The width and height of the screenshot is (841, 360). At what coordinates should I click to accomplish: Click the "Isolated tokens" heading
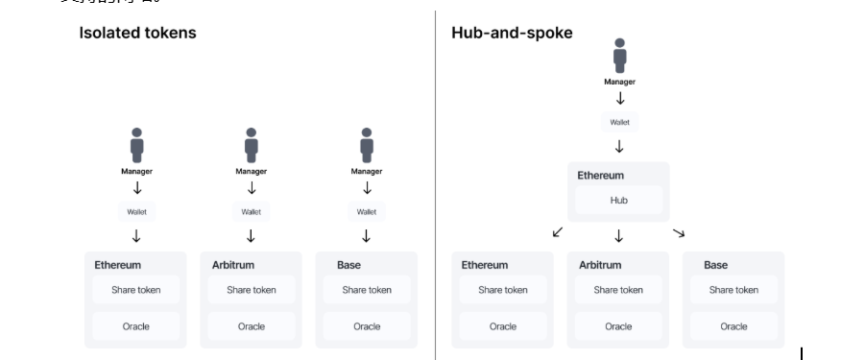point(137,34)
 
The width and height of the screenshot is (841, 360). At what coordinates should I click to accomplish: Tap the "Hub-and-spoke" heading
point(512,34)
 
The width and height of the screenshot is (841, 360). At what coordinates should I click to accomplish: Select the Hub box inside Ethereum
point(618,200)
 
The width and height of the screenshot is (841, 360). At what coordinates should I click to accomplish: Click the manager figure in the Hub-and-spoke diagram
point(619,56)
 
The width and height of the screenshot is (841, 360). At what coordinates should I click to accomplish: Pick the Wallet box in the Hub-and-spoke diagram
point(619,122)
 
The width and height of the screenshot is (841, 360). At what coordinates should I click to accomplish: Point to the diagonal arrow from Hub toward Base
point(678,232)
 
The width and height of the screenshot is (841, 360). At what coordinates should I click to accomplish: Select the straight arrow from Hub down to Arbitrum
point(619,235)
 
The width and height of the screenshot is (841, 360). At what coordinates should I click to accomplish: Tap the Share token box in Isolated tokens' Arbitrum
point(252,290)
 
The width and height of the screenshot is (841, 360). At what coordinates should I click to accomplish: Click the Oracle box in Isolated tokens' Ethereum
point(136,326)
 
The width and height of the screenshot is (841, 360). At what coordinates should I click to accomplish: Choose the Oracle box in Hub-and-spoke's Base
point(733,326)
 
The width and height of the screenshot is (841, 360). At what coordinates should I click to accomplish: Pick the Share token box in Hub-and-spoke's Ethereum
point(503,290)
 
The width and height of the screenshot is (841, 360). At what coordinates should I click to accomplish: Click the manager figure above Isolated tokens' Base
point(367,146)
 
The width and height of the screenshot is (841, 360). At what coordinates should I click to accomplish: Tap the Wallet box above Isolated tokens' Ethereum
point(136,212)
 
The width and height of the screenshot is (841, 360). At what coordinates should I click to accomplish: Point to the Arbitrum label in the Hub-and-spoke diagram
point(600,265)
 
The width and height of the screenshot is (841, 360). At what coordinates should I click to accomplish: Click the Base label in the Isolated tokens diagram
point(348,265)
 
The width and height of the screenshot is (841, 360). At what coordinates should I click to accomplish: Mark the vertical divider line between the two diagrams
point(435,182)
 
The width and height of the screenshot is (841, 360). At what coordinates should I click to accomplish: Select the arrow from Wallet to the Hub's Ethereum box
point(619,147)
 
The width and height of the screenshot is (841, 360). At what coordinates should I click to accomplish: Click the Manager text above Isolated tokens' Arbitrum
point(252,172)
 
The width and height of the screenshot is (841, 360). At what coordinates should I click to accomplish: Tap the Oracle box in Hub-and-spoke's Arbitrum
point(618,326)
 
